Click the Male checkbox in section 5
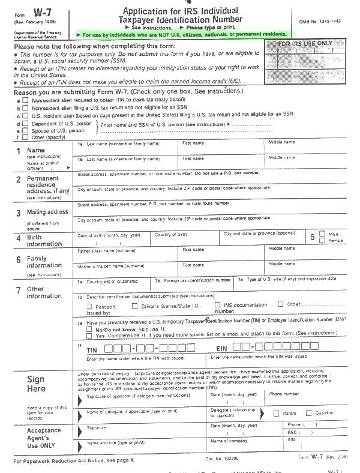point(322,233)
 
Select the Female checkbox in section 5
point(322,240)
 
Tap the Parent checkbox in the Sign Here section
point(277,413)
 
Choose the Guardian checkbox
point(309,413)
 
